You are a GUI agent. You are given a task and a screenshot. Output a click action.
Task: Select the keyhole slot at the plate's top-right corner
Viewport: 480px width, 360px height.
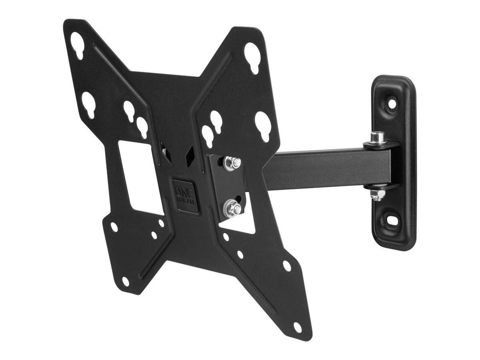click(253, 52)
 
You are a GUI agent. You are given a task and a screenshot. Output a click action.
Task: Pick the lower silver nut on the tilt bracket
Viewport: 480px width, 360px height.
click(232, 207)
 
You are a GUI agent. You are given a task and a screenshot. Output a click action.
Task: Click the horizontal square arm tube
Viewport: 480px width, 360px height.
click(316, 168)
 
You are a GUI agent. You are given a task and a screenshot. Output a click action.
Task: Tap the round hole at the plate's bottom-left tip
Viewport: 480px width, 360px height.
click(126, 281)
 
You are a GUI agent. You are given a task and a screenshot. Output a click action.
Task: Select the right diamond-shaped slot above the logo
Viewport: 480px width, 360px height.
click(191, 152)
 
